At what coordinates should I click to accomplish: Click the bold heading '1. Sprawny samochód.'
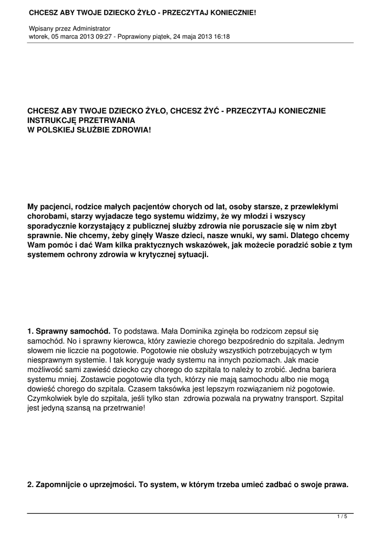point(69,331)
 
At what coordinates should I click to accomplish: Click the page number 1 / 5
point(342,516)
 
